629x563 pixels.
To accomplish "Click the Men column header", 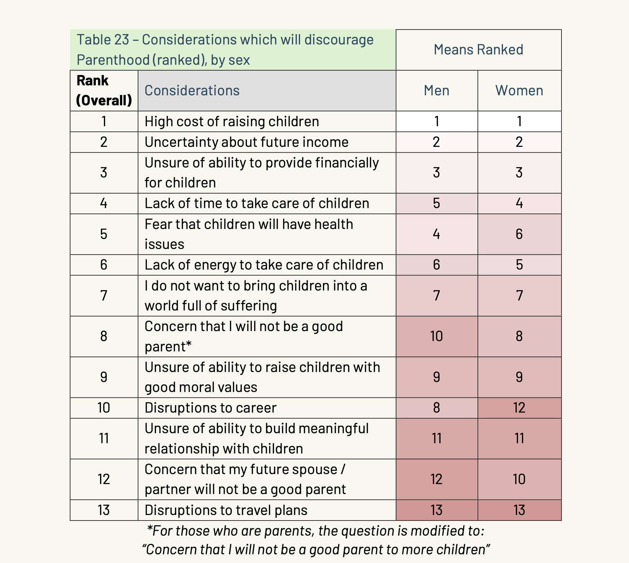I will tap(436, 91).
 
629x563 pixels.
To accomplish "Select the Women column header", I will tap(519, 91).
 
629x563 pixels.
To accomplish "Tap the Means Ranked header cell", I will tap(478, 50).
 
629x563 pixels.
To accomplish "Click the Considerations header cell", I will tap(192, 91).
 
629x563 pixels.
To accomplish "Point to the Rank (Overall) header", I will tap(104, 91).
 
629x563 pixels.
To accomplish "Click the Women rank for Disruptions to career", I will tap(519, 408).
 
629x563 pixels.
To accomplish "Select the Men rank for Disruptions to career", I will tap(436, 408).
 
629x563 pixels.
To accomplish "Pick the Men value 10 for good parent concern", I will tap(436, 336).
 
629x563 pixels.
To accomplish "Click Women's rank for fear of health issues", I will tap(519, 234).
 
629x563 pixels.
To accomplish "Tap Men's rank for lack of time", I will tap(436, 203).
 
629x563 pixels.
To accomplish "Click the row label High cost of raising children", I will tap(232, 121).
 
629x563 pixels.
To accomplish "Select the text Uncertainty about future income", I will tap(246, 142).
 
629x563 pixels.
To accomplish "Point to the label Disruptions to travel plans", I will tap(226, 510).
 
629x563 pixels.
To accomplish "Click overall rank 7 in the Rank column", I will tap(104, 295).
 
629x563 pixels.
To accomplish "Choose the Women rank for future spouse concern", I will tap(519, 479).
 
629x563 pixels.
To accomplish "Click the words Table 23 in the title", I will tap(103, 40).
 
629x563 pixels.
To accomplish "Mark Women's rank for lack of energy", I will tap(519, 265).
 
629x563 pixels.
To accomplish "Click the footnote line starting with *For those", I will tap(315, 531).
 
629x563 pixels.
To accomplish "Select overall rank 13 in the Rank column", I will tap(104, 510).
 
